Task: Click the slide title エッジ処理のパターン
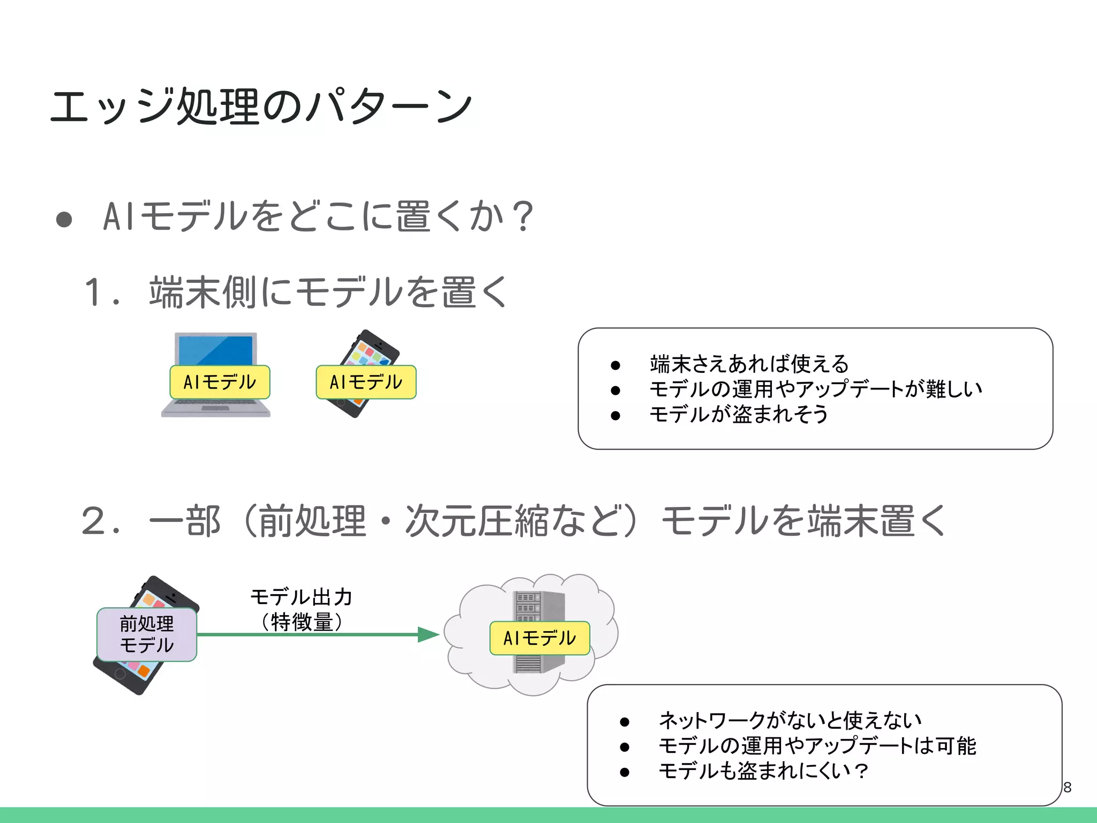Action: click(x=261, y=107)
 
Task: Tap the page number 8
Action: click(x=1067, y=787)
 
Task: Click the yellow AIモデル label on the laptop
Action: click(x=220, y=382)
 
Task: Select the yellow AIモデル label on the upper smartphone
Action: click(x=366, y=382)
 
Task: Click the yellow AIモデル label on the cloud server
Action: click(x=539, y=638)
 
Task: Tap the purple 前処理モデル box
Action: click(x=147, y=634)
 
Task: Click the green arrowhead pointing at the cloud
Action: click(x=428, y=634)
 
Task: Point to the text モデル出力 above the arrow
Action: click(x=301, y=597)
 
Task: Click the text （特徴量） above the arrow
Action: click(x=301, y=622)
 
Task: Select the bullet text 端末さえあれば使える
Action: click(x=749, y=364)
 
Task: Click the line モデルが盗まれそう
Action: click(x=739, y=414)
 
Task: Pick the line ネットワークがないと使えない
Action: click(x=790, y=721)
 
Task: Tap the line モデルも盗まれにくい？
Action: click(x=763, y=771)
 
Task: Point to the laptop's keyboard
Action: click(x=216, y=403)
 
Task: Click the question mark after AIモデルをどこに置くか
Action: click(x=522, y=216)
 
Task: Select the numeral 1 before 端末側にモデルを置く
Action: click(x=95, y=293)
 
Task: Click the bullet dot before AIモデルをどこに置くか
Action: click(x=64, y=219)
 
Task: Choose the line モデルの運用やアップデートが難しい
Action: click(x=816, y=389)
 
